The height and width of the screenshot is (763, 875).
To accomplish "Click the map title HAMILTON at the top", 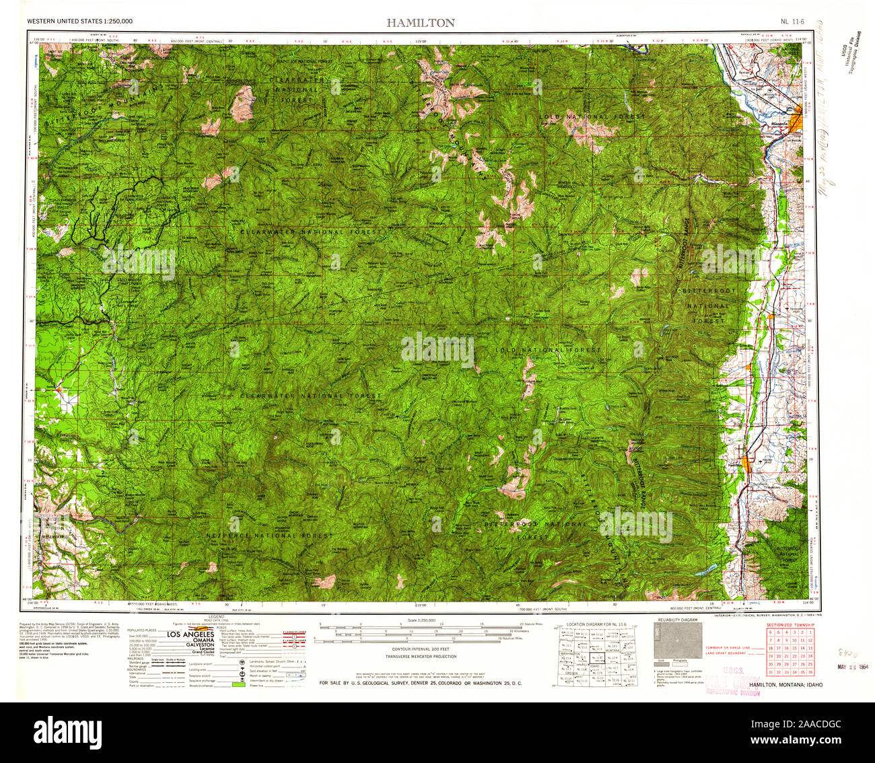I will tap(420, 22).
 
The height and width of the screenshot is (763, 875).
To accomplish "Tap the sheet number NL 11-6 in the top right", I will tap(793, 22).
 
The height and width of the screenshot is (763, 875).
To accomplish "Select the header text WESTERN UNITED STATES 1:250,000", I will tap(79, 22).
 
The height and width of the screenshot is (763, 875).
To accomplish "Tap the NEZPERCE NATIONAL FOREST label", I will tap(270, 536).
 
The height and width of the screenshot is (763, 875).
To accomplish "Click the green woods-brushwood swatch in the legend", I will tap(237, 684).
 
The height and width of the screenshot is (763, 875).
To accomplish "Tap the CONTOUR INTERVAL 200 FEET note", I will tap(420, 649).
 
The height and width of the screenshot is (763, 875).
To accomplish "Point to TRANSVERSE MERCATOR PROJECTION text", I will tap(420, 656).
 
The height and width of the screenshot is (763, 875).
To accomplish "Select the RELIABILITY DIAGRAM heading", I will tap(677, 619).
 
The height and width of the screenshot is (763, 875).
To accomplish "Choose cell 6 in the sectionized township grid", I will tap(771, 631).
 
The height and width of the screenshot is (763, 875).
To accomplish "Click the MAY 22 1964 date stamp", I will tap(851, 667).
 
